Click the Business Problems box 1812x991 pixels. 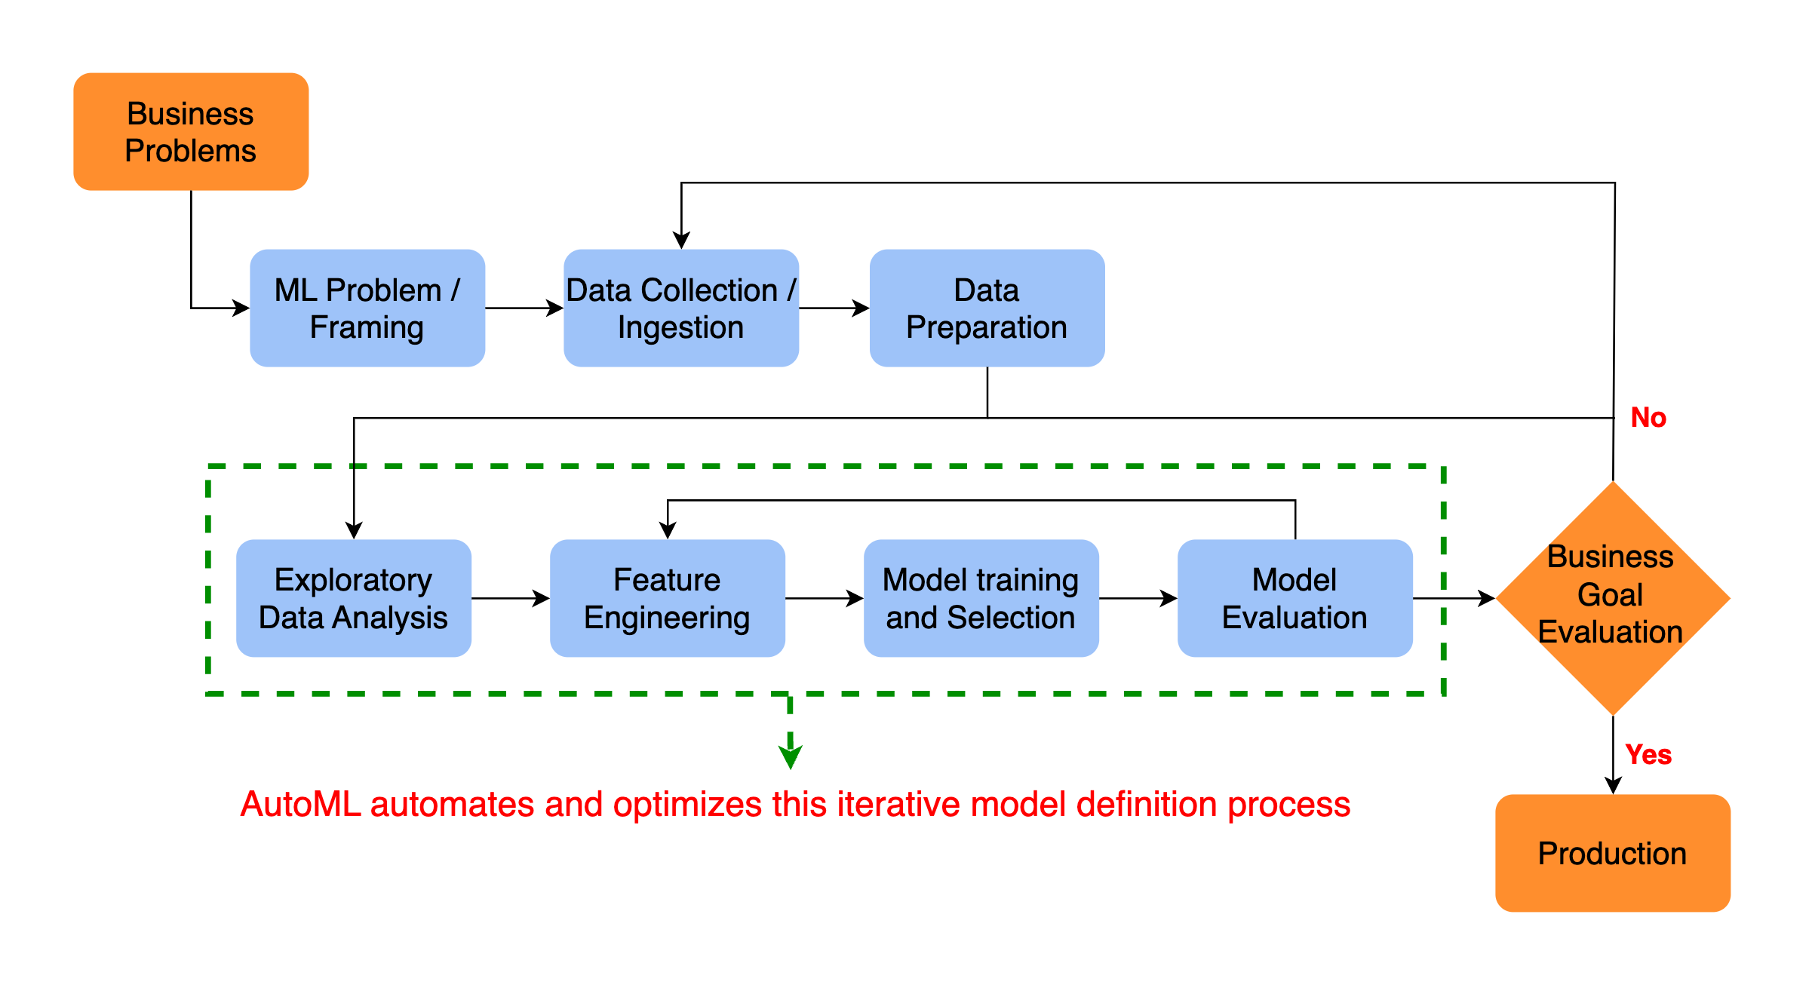click(191, 131)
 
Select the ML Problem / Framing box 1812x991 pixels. click(367, 308)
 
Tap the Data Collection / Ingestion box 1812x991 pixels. click(680, 308)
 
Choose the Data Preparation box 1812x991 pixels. click(987, 308)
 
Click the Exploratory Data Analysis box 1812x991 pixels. click(353, 598)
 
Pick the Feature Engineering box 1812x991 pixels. click(667, 598)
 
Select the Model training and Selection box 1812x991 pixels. click(981, 598)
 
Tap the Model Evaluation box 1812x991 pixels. click(1295, 598)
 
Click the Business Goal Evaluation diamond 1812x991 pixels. click(1612, 597)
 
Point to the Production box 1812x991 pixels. click(1612, 853)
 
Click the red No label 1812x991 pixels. click(1648, 417)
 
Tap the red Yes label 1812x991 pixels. click(1648, 754)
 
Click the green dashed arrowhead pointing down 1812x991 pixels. click(790, 756)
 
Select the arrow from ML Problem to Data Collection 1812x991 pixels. click(524, 308)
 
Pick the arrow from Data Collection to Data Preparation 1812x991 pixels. click(834, 308)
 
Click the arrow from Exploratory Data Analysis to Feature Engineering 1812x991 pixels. click(511, 598)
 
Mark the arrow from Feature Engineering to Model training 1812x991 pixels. click(825, 598)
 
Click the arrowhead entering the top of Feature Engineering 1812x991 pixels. click(668, 530)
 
